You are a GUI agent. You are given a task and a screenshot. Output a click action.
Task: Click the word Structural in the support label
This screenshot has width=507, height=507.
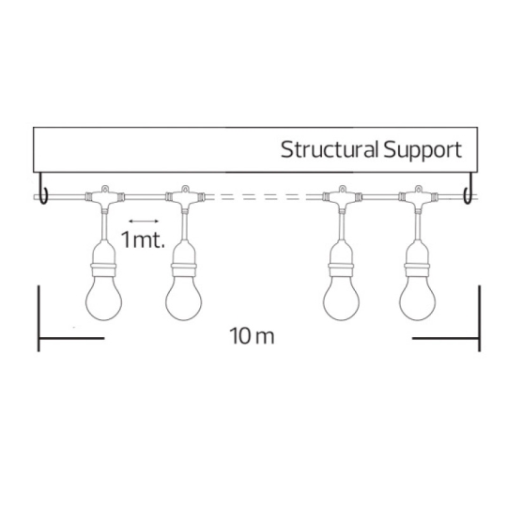[x=330, y=149]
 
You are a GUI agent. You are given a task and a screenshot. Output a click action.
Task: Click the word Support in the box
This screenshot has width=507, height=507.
[x=422, y=151]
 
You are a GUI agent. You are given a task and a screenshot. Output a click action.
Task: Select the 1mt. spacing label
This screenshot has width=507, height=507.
[x=143, y=239]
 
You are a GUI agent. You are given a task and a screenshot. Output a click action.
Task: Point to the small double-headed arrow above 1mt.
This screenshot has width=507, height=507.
[x=144, y=222]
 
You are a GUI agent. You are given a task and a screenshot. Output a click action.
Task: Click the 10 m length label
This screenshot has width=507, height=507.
[x=252, y=336]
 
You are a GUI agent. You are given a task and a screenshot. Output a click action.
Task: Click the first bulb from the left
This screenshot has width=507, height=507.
[x=104, y=299]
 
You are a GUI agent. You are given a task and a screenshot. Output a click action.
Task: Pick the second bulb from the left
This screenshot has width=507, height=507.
[x=184, y=299]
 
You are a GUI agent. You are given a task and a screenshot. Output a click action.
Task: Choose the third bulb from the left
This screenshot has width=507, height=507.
[x=341, y=299]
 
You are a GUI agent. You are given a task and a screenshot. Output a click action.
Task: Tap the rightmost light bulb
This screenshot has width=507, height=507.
[x=418, y=299]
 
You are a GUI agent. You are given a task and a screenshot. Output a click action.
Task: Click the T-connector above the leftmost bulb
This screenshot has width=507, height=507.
[x=105, y=197]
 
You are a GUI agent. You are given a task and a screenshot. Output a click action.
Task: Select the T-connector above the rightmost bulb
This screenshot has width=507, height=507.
[x=419, y=197]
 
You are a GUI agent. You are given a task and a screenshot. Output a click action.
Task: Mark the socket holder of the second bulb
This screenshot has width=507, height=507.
[x=184, y=258]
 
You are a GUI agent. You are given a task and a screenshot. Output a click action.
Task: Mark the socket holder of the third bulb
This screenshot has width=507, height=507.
[x=342, y=258]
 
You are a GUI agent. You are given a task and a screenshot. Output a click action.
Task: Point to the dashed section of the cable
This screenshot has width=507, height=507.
[x=264, y=196]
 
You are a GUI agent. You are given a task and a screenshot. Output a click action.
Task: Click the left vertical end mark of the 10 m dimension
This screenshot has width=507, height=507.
[x=38, y=318]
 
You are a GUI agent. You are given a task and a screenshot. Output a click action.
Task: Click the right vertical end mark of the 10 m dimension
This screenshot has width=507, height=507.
[x=480, y=318]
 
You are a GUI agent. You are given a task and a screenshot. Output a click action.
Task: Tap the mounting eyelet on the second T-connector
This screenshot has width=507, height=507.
[x=185, y=188]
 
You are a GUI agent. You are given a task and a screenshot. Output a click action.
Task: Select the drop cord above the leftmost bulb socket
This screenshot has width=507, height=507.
[x=104, y=224]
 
